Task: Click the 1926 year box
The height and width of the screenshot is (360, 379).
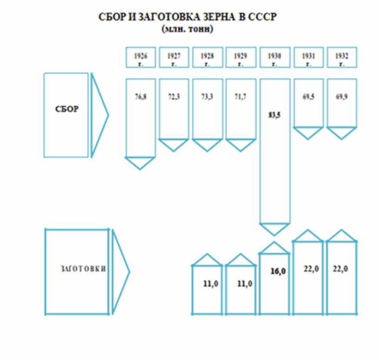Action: tap(141, 57)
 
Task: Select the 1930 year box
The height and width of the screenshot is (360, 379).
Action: tap(274, 57)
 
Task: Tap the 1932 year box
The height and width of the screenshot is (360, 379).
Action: tap(341, 57)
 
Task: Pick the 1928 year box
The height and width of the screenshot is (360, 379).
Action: tap(208, 57)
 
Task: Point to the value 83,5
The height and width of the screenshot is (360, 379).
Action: tap(274, 115)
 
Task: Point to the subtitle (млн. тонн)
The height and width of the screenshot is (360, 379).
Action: tap(188, 29)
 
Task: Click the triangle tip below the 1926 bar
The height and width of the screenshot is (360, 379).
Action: tap(140, 164)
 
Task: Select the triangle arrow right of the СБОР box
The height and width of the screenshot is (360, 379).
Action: tap(98, 114)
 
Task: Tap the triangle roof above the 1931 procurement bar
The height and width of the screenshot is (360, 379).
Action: tap(307, 236)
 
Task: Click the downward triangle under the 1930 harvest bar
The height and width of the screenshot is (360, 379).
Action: tap(274, 229)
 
